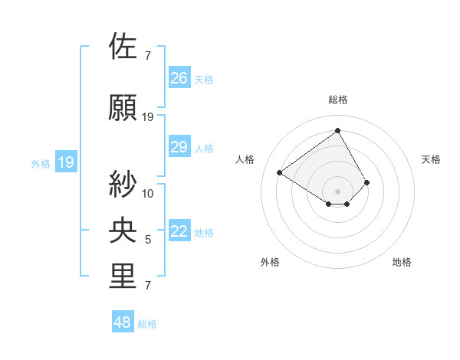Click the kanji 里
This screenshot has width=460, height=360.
point(123,277)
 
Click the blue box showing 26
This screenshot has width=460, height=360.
point(179,77)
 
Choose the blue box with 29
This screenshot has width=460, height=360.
point(179,147)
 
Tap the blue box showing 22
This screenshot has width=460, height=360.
point(179,232)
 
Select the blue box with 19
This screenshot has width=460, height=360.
point(65,162)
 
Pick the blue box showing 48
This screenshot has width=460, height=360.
point(123,322)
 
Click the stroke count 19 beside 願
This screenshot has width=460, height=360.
point(148,117)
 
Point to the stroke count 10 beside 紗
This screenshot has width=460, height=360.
point(148,193)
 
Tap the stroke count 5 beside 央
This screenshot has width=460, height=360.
point(148,240)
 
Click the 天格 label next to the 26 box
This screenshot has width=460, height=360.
point(204,79)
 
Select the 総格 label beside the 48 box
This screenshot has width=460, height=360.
point(147,324)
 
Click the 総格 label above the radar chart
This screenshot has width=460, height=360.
point(337,100)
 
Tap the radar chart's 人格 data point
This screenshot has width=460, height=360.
point(280,172)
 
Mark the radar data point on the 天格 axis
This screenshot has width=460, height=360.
point(367,182)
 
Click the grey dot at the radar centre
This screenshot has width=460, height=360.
point(337,191)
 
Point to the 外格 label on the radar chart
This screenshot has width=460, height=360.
point(270,263)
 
